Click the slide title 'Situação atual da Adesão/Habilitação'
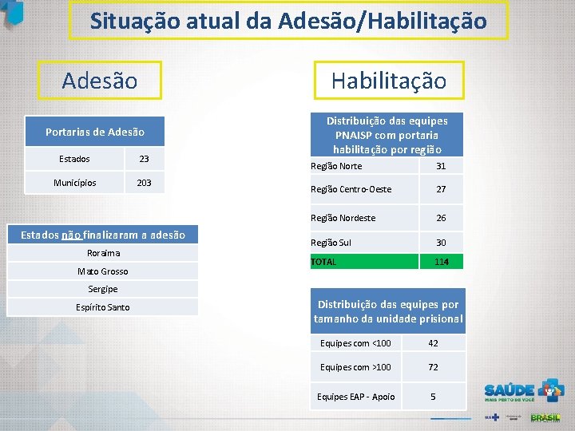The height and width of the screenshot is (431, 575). [287, 21]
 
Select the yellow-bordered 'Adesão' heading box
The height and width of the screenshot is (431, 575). [100, 81]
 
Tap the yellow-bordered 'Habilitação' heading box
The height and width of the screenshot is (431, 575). [388, 81]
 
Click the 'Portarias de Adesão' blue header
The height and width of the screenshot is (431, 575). [95, 132]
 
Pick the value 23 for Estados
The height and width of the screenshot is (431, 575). [144, 159]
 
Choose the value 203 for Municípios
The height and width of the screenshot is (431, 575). [144, 183]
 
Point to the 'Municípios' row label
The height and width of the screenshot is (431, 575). [75, 183]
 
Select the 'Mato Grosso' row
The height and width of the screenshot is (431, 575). [102, 271]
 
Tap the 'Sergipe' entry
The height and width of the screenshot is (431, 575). [102, 288]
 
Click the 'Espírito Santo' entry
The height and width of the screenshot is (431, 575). [102, 307]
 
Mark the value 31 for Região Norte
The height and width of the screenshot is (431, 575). [441, 166]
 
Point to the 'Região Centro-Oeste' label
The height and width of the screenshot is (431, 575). [351, 190]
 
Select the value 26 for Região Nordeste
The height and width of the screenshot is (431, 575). [441, 218]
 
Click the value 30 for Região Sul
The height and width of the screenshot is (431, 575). [441, 243]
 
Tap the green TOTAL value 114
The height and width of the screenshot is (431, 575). [441, 262]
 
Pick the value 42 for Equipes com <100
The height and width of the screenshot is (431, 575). [434, 343]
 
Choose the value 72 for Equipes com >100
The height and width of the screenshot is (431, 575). [434, 367]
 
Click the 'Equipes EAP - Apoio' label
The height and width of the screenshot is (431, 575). [355, 397]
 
